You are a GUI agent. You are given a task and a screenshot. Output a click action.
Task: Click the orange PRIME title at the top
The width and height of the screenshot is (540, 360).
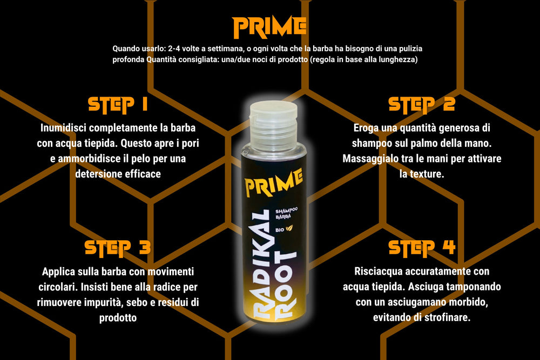tap(269, 27)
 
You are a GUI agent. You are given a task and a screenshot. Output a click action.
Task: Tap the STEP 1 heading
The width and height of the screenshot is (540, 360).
tap(118, 105)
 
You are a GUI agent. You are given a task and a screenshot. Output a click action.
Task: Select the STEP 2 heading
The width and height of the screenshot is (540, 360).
tap(422, 105)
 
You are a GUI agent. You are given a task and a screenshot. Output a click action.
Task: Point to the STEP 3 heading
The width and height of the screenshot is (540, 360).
tap(118, 248)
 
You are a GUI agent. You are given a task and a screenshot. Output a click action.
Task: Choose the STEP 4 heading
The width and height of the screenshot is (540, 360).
tap(422, 248)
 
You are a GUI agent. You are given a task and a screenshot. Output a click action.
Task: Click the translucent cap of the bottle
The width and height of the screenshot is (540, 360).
tap(273, 126)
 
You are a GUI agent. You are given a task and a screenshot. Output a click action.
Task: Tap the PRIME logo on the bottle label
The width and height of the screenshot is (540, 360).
tap(273, 182)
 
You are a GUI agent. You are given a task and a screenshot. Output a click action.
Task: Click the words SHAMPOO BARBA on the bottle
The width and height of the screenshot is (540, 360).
tap(286, 213)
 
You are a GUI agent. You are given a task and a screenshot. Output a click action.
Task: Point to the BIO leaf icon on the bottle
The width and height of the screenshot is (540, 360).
tap(289, 228)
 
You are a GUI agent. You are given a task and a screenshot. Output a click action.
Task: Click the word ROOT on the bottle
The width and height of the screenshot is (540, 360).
tap(285, 285)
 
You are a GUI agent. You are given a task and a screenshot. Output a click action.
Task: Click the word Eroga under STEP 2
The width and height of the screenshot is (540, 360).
tap(366, 128)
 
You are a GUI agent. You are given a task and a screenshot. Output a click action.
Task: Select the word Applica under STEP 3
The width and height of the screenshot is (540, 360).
tap(58, 272)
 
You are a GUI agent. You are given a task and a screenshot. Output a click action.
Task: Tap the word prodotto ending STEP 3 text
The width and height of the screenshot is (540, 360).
tap(118, 318)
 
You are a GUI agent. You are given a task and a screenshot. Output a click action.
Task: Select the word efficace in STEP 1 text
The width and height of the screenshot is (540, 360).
tap(143, 174)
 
